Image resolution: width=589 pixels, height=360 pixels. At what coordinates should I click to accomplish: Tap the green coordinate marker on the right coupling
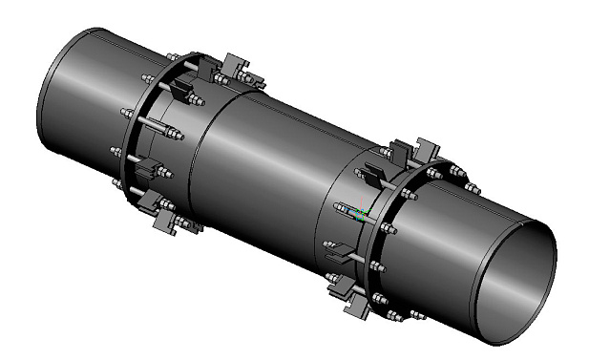pyautogui.click(x=362, y=214)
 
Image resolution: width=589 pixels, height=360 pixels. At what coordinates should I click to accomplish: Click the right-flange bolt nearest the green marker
pyautogui.click(x=387, y=228)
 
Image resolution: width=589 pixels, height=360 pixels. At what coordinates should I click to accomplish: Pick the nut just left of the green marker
pyautogui.click(x=342, y=204)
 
